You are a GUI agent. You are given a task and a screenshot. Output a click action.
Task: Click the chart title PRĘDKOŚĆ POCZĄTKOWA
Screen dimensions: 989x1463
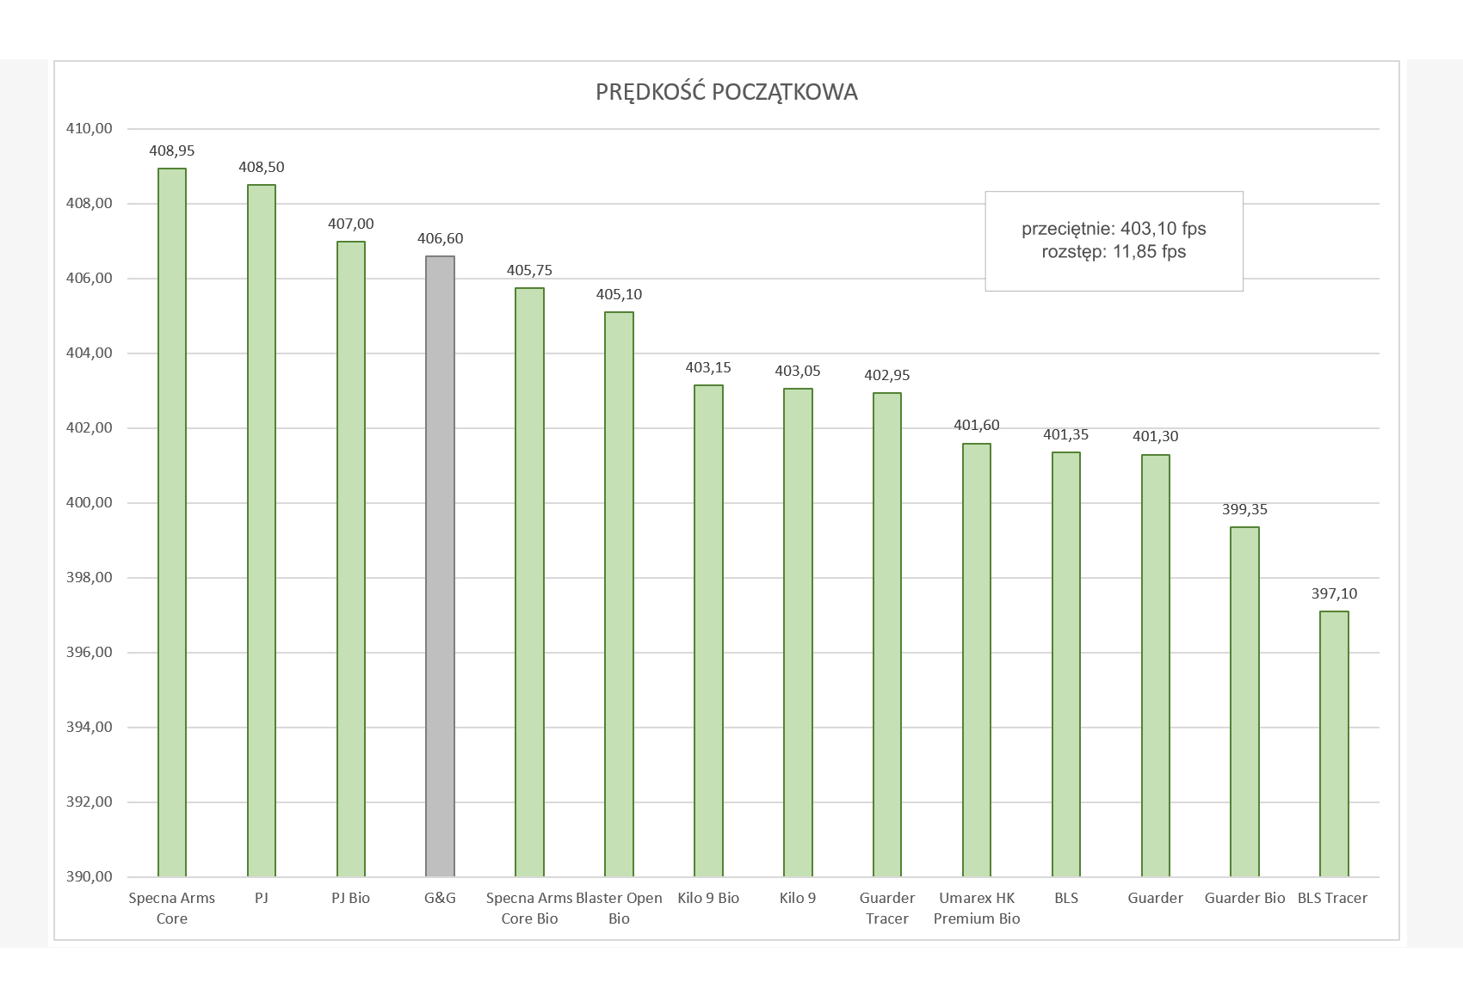(x=726, y=92)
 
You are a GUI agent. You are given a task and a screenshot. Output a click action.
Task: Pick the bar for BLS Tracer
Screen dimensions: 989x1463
(x=1334, y=744)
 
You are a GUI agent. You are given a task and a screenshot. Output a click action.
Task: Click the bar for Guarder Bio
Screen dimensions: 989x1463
(x=1244, y=702)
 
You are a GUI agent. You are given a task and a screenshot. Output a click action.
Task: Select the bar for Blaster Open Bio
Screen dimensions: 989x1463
(x=619, y=594)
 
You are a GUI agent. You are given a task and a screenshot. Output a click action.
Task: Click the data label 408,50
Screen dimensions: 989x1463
(x=262, y=167)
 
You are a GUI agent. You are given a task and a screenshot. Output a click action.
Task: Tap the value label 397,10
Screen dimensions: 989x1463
(x=1334, y=593)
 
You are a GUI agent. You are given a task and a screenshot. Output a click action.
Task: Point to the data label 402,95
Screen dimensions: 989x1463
(x=887, y=375)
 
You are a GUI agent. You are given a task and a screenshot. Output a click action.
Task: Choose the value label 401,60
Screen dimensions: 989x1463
(x=977, y=425)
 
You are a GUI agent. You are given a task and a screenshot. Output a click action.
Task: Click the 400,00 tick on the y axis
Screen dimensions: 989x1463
(x=90, y=503)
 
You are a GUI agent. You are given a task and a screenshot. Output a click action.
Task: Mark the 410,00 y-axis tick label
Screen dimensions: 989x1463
(x=90, y=129)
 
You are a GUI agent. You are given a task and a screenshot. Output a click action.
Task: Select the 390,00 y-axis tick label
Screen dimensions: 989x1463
(x=90, y=877)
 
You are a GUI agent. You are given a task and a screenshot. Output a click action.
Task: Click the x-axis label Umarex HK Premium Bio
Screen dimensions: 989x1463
(x=977, y=908)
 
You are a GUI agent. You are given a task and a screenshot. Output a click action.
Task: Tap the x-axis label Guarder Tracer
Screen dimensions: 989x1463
(x=887, y=908)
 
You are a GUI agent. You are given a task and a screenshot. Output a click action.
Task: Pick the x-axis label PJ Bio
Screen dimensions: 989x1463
(x=350, y=898)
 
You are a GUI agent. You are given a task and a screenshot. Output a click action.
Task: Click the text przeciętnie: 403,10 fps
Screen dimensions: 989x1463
(x=1114, y=229)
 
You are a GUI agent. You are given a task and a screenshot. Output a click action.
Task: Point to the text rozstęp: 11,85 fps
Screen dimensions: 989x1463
(x=1114, y=252)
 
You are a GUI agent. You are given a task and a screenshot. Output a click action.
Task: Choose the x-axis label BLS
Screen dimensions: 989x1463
(x=1066, y=898)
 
